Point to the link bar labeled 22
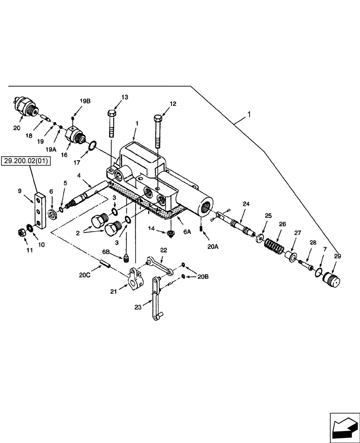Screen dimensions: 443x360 [157, 266]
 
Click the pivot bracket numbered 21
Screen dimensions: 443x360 [134, 278]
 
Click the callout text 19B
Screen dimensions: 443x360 [85, 101]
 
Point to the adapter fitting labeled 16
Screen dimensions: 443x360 [74, 133]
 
